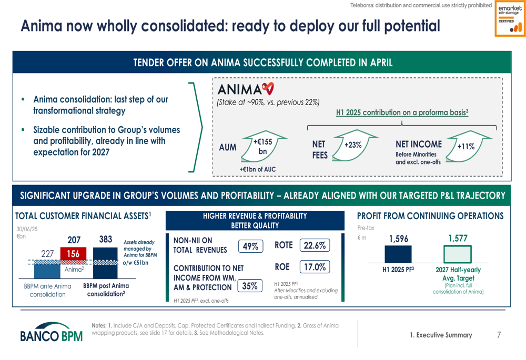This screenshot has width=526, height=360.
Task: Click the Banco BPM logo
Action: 52,332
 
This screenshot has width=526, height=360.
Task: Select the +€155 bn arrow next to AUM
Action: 264,146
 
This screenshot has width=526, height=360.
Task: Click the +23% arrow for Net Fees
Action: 355,145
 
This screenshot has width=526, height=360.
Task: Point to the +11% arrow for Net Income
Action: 469,146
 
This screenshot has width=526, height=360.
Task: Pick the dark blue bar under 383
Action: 105,263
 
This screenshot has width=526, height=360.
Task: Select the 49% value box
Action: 250,246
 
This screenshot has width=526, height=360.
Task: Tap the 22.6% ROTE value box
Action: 315,245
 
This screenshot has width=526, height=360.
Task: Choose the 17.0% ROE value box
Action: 315,267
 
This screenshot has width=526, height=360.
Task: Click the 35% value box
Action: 250,286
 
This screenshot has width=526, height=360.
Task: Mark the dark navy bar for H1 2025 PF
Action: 398,254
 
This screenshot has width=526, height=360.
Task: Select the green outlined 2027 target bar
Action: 458,254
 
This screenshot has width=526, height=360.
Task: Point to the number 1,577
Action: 458,238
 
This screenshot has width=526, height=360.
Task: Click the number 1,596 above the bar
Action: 399,239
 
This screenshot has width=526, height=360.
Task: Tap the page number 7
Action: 499,335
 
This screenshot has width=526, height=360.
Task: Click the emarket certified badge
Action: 510,18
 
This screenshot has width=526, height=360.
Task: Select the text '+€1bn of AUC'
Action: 258,169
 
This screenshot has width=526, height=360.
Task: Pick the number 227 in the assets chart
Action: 48,254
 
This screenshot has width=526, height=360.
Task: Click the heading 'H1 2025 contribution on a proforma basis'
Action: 402,112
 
